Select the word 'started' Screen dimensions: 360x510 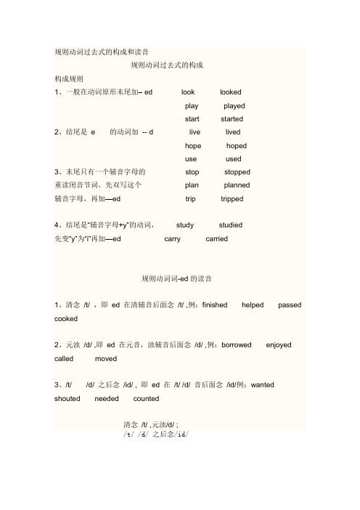232,118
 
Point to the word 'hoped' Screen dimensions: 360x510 237,145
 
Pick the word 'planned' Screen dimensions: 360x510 237,185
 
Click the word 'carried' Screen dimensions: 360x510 217,238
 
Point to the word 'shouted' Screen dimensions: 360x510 67,398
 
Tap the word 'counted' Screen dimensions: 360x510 147,398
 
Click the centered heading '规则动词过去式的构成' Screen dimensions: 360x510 166,65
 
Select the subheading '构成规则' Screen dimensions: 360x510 69,78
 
